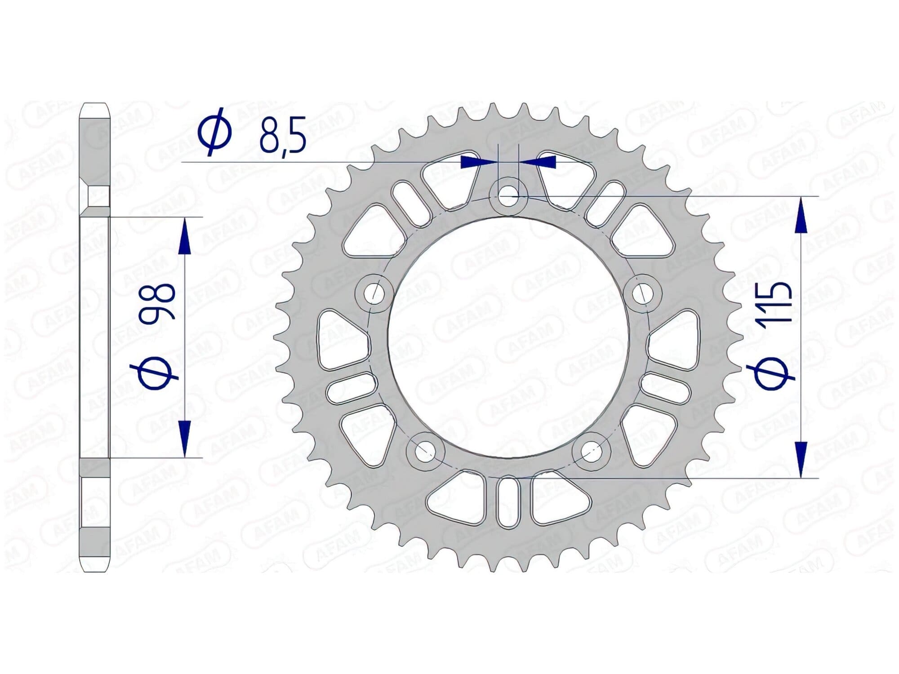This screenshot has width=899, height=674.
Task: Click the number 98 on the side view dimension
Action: (x=157, y=301)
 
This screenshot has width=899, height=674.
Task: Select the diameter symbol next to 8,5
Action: (x=215, y=132)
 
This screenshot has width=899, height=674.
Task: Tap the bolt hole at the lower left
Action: (x=424, y=452)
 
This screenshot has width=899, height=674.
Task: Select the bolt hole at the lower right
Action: (x=592, y=452)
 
